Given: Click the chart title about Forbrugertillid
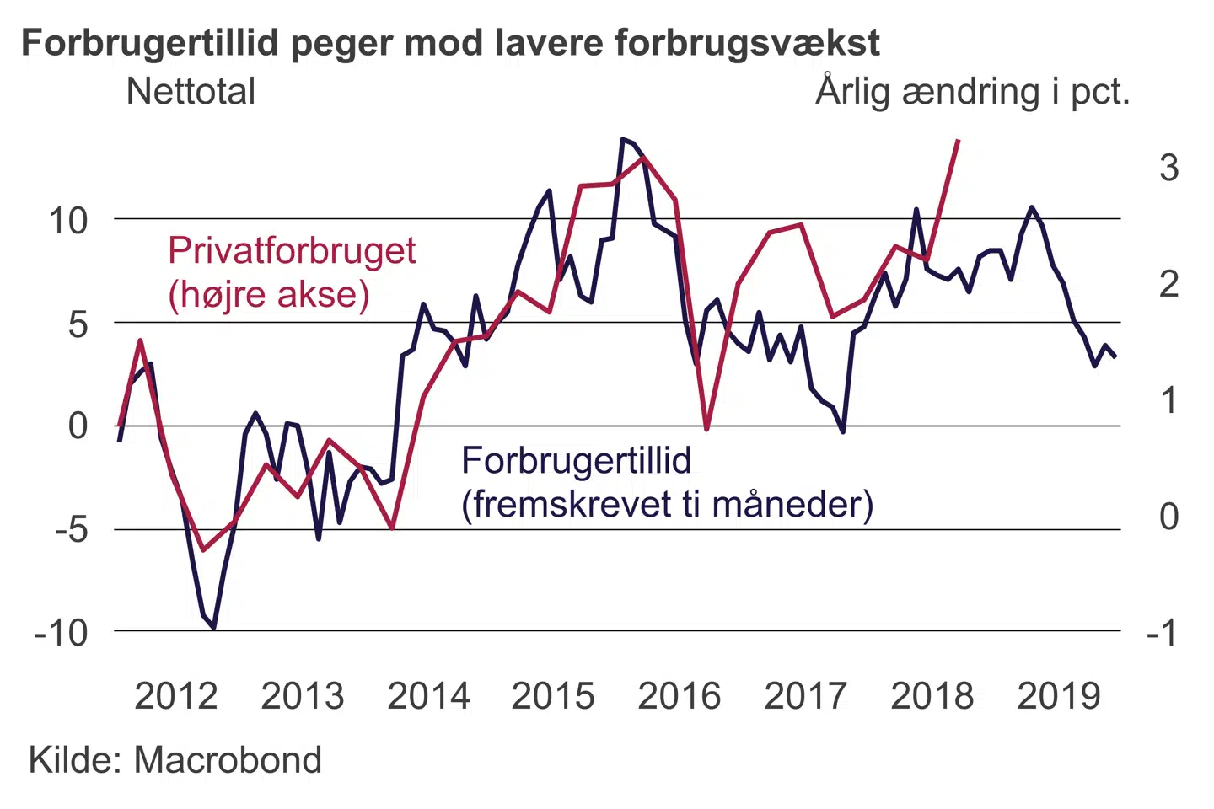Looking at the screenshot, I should coord(450,43).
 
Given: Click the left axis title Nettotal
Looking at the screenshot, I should coord(191,91).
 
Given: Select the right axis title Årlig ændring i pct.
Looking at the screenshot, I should coord(972,91).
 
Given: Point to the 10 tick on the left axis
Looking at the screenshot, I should coord(67,221).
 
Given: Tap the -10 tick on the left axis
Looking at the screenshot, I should coord(61,632).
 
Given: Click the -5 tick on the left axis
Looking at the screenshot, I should coord(71,530).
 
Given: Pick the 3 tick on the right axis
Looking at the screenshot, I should coord(1168,168).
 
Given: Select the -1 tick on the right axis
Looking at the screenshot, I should coord(1162,632).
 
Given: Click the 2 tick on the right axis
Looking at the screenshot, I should coord(1168,284).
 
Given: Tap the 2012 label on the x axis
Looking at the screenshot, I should coord(176,696).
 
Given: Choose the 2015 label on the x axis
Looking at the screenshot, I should coord(553,696).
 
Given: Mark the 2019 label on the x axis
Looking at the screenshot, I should coord(1059,696).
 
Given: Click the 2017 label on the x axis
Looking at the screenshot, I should coord(805,696).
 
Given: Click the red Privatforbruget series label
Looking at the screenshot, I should coord(292,272).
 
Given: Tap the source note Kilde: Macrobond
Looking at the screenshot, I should coord(175,760).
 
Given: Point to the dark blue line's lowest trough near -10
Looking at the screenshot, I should coord(214,628).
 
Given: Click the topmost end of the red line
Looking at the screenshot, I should coord(959,140).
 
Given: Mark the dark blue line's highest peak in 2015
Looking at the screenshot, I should coord(623,139).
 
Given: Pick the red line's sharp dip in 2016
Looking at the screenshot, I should coord(706,429).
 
